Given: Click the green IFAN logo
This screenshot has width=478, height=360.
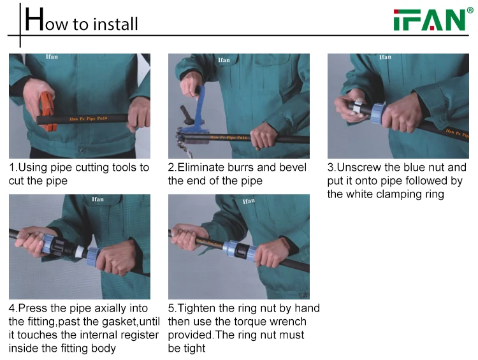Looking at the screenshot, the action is click(429, 20).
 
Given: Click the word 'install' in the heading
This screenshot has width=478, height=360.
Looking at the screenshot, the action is click(115, 24).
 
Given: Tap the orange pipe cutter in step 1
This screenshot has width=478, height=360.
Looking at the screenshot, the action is click(47, 110).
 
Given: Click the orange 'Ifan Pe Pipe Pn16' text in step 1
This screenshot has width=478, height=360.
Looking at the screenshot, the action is click(89, 119).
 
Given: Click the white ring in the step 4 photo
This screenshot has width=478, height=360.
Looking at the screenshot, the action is click(80, 252).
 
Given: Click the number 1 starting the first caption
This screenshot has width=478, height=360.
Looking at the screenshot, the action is click(12, 168).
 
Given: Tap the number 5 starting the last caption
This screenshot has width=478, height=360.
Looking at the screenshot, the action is click(171, 308).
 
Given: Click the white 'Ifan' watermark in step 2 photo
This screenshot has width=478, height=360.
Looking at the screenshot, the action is click(224, 60).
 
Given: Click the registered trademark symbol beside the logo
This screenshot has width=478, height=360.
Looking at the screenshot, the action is click(470, 11).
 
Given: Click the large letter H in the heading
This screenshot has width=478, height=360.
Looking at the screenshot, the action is click(34, 20).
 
